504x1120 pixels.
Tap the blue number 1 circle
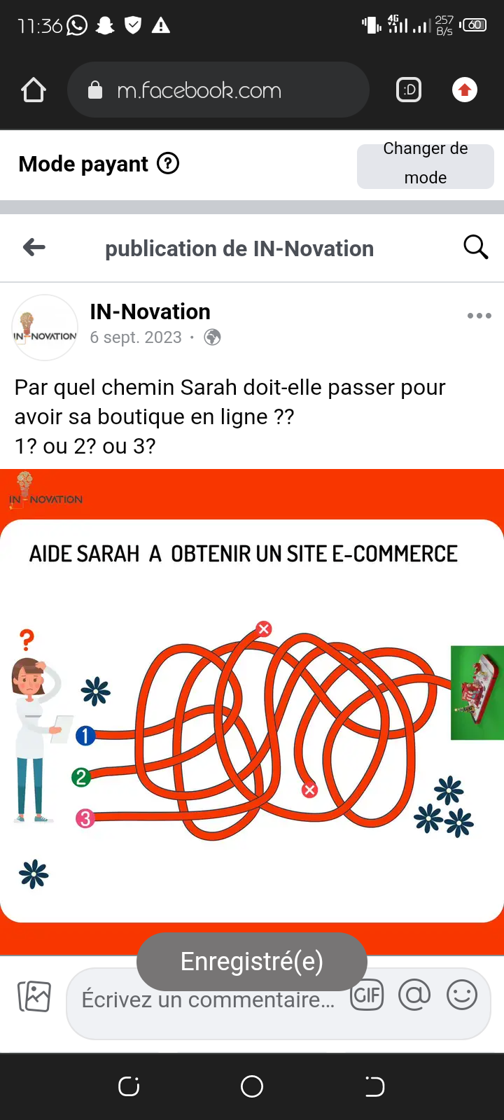(x=85, y=736)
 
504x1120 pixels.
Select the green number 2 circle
(x=81, y=777)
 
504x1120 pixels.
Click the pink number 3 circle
(x=85, y=818)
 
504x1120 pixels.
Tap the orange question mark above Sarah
(x=27, y=640)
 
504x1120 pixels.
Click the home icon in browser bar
(x=34, y=90)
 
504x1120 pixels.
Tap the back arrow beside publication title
(x=34, y=247)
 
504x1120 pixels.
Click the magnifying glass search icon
(x=475, y=247)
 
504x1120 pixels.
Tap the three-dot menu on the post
(x=479, y=316)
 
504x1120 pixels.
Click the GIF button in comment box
(x=367, y=995)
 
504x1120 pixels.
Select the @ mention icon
(x=414, y=995)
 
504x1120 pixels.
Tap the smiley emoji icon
(x=461, y=995)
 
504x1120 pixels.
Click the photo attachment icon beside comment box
(x=34, y=996)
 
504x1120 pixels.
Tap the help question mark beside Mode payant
(x=168, y=164)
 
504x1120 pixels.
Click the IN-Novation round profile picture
(x=45, y=328)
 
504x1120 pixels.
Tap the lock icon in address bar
(x=95, y=90)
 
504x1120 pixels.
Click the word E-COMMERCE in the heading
(x=395, y=554)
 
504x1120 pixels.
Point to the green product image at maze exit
(x=477, y=692)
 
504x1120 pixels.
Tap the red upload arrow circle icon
(x=465, y=90)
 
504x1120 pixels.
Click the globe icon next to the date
(x=212, y=337)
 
